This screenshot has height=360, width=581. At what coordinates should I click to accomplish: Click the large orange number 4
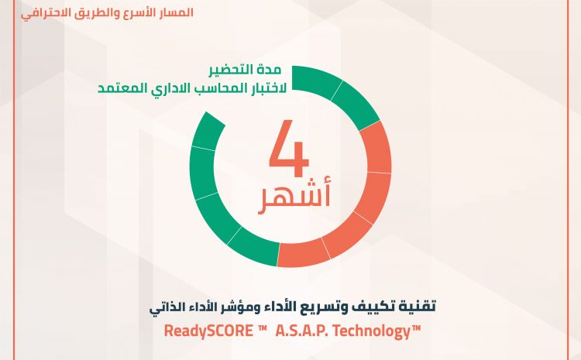289,148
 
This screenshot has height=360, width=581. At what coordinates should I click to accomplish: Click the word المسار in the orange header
180,12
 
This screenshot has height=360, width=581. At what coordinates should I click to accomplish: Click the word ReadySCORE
208,331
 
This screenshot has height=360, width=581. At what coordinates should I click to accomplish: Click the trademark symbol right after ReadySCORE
263,327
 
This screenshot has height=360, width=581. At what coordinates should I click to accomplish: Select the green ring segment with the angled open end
208,131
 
